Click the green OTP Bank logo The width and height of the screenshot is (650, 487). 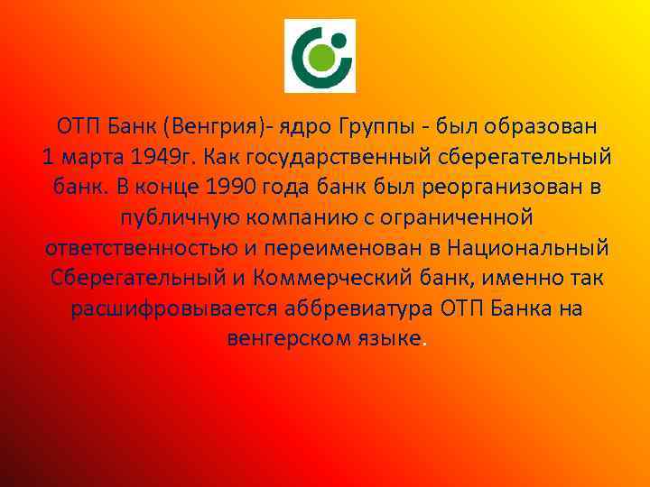320,56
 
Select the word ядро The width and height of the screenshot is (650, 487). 305,124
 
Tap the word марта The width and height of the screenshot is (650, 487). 92,156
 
